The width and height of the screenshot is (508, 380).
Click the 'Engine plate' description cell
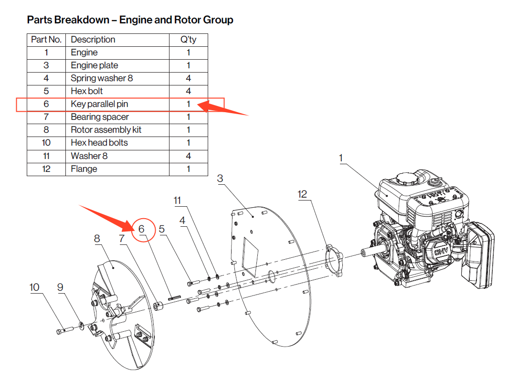tap(95, 65)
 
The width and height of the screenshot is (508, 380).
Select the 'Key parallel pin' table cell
tap(99, 104)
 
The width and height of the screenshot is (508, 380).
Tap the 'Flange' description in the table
tap(84, 169)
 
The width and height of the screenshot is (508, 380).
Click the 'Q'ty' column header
tap(188, 40)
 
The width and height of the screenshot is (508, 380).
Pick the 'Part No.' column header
tap(46, 40)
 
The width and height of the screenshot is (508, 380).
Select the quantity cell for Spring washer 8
tap(188, 78)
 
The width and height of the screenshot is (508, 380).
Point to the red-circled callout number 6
tap(142, 229)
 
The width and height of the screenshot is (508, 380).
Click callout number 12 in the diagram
tap(302, 194)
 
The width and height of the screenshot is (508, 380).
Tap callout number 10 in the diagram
tap(34, 287)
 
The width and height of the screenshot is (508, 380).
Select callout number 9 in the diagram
tap(60, 287)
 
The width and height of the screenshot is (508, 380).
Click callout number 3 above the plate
tap(220, 179)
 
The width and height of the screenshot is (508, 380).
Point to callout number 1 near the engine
tap(341, 158)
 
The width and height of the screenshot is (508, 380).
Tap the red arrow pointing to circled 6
tap(105, 216)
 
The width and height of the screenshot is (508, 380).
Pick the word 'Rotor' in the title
tap(168, 20)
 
